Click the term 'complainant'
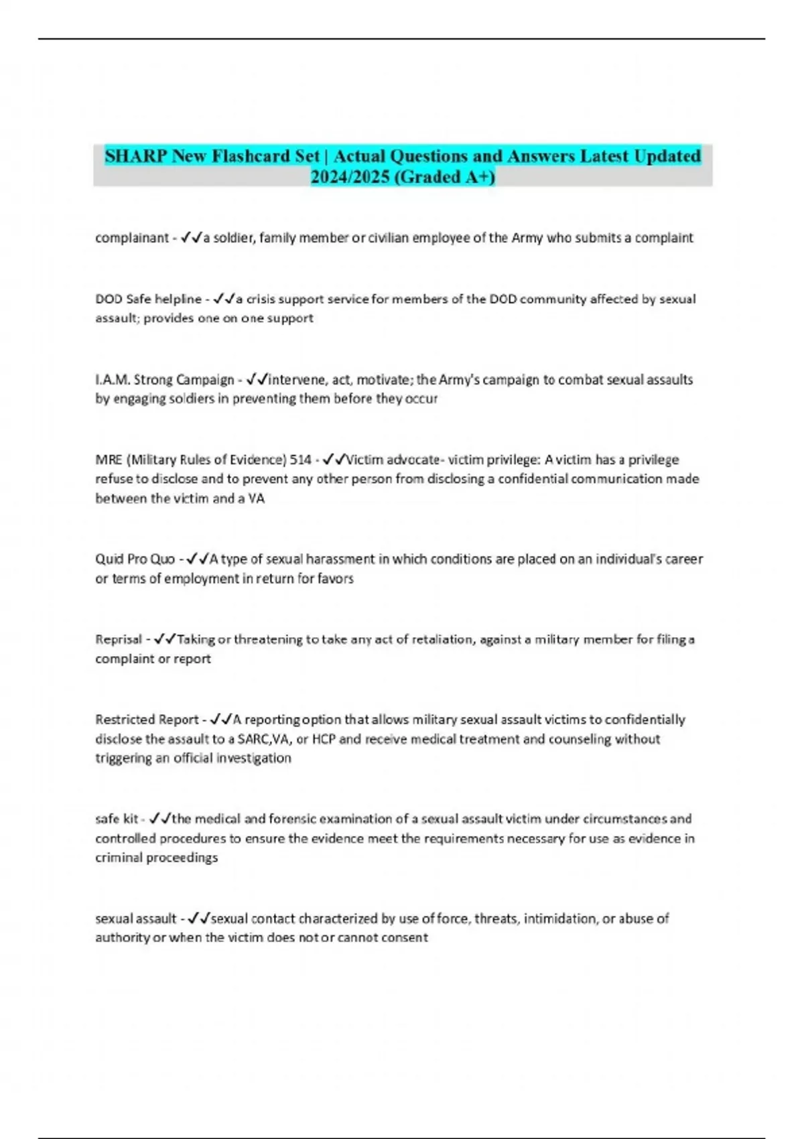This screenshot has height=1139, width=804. (131, 238)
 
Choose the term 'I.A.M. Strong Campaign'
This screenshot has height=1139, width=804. (164, 380)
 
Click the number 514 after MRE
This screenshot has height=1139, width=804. (300, 460)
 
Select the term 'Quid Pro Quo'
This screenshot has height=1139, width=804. (135, 559)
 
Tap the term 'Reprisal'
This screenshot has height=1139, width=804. (119, 639)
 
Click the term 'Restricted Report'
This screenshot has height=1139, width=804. (147, 720)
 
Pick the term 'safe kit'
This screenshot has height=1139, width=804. (117, 819)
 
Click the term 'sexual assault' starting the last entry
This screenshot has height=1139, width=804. (135, 919)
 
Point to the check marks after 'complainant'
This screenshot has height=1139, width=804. (192, 238)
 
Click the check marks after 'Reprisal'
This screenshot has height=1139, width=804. (165, 639)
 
